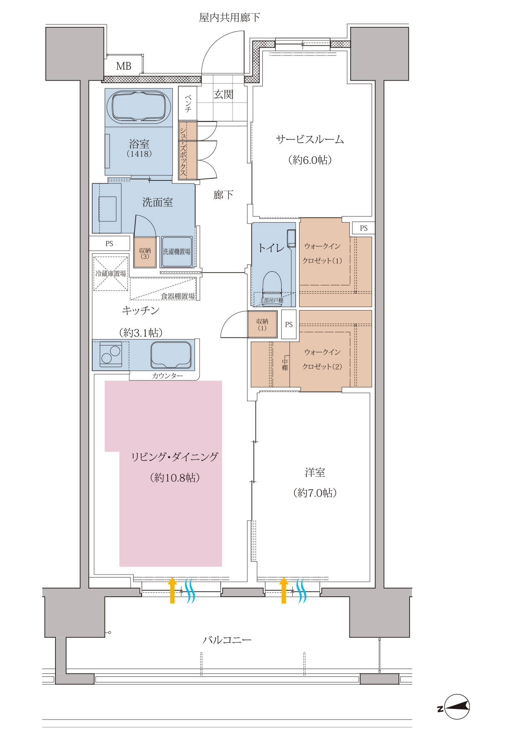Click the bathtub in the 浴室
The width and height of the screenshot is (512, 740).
(x=139, y=106)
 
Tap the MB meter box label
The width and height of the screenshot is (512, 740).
(x=124, y=66)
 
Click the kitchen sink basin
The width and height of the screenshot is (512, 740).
(x=171, y=355)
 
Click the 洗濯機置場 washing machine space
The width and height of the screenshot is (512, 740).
(x=177, y=252)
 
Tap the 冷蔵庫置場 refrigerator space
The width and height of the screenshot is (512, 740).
(x=111, y=273)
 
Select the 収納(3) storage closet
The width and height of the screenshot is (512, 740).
(x=145, y=252)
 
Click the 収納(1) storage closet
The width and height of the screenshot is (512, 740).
(x=262, y=325)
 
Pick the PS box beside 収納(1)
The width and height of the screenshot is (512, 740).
(x=289, y=325)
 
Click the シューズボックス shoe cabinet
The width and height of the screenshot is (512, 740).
(x=188, y=151)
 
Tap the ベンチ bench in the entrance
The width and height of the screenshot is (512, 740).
(x=188, y=104)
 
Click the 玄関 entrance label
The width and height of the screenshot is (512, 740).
(x=224, y=94)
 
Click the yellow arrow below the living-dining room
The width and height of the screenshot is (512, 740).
(x=172, y=590)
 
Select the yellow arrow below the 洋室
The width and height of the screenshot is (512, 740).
(x=284, y=590)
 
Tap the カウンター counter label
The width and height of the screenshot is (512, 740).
(x=168, y=376)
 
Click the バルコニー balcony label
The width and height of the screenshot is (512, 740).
(x=227, y=640)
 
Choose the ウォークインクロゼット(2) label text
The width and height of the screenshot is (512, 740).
(x=322, y=359)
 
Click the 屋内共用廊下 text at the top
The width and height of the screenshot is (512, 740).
(x=230, y=17)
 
